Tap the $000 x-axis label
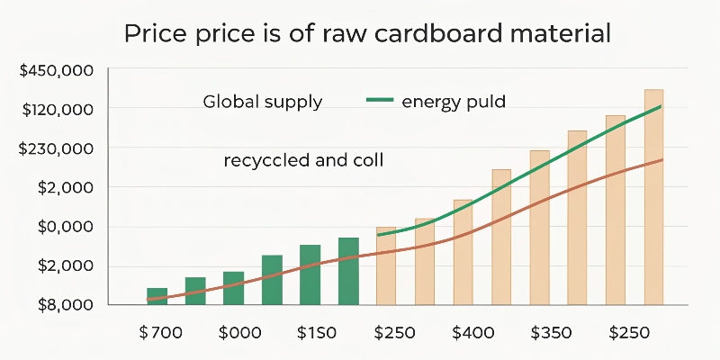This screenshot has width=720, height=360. pyautogui.click(x=239, y=332)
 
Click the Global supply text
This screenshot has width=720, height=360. pyautogui.click(x=262, y=102)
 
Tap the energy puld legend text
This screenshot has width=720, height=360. pyautogui.click(x=454, y=102)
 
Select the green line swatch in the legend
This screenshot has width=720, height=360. pyautogui.click(x=381, y=102)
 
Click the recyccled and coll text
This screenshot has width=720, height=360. pyautogui.click(x=303, y=161)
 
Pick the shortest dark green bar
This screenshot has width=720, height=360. pyautogui.click(x=157, y=296)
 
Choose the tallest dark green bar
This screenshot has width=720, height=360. pyautogui.click(x=348, y=271)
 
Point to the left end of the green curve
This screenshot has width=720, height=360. pyautogui.click(x=378, y=235)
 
